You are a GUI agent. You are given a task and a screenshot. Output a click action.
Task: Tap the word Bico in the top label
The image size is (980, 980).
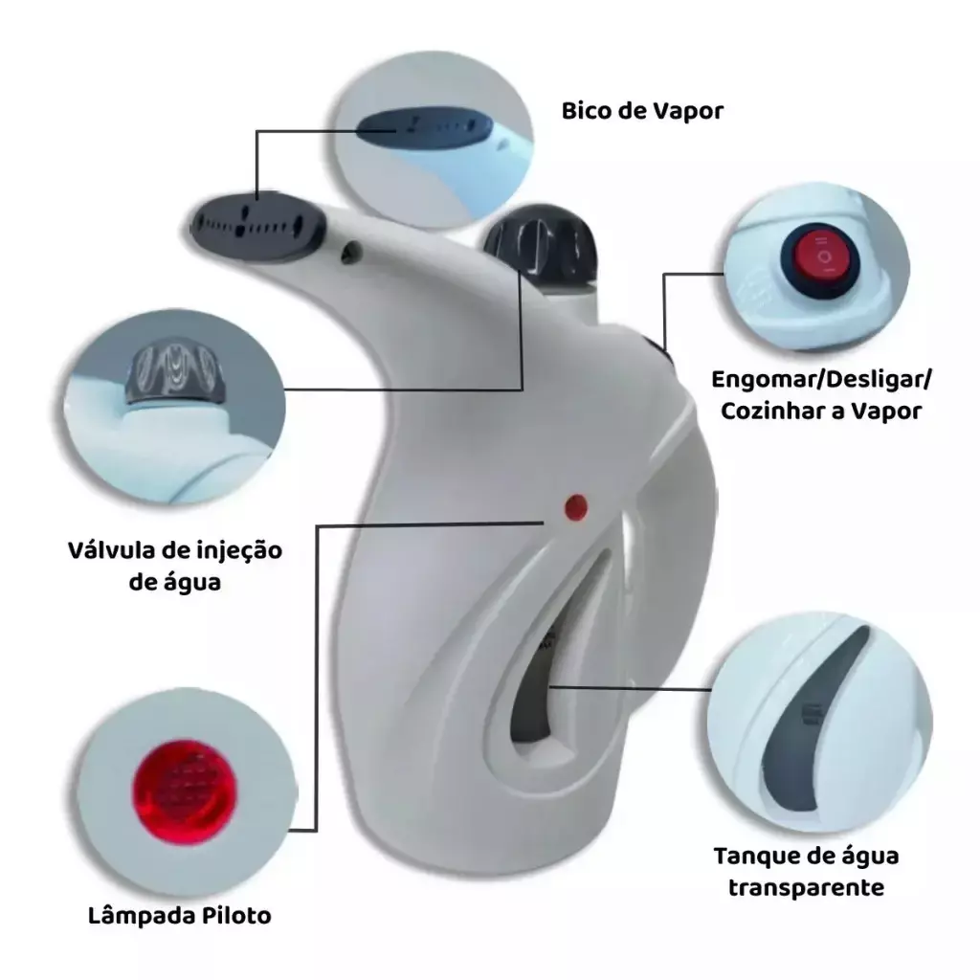click(584, 111)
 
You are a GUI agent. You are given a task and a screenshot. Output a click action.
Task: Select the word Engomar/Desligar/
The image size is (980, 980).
click(821, 379)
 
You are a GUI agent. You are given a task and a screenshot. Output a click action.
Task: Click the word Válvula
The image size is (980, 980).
click(112, 550)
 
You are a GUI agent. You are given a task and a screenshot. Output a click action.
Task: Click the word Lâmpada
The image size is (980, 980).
click(142, 916)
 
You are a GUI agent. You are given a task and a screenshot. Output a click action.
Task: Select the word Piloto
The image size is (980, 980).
click(236, 916)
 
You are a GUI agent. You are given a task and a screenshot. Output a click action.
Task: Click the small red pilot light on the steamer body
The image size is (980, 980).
click(575, 507)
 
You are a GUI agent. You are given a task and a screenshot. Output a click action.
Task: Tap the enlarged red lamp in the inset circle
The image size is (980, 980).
click(185, 791)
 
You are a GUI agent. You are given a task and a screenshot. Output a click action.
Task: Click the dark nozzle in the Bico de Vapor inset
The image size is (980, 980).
click(424, 127)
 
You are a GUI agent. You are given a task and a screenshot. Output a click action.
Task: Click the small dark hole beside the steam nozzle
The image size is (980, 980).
click(350, 252)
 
